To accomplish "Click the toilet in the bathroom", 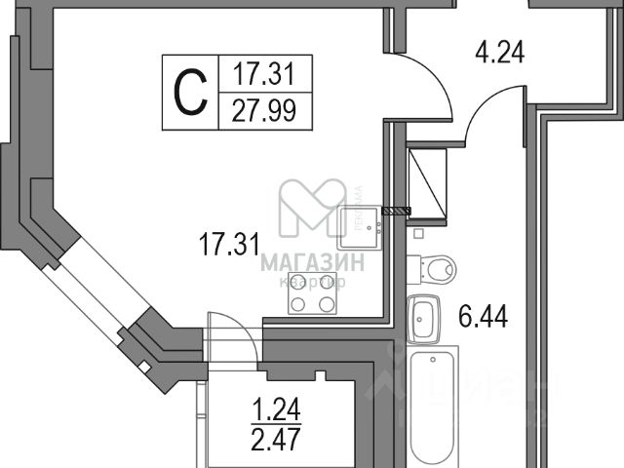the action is pyautogui.click(x=431, y=265).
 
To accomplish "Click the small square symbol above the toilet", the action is pyautogui.click(x=417, y=234).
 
